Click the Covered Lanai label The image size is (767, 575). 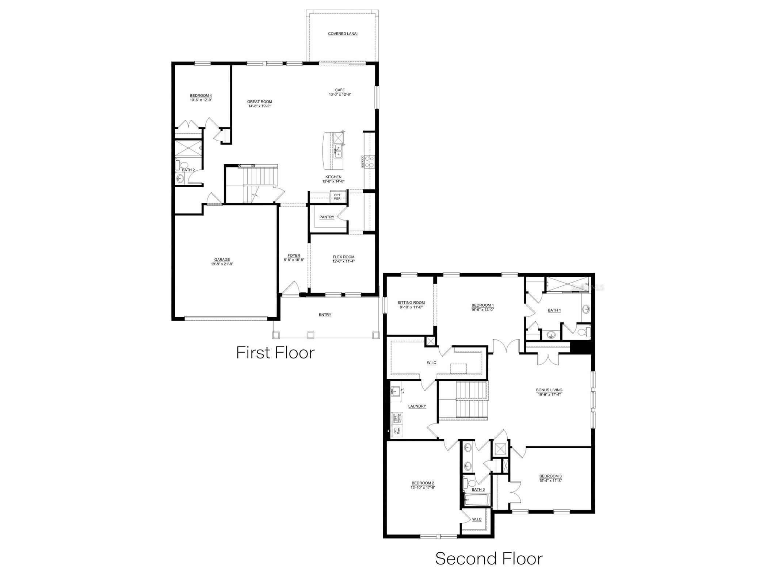tap(343, 34)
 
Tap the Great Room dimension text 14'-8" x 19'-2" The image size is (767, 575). tap(259, 106)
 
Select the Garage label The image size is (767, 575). tap(222, 260)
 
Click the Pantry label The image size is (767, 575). tap(327, 217)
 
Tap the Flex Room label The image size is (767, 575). tap(343, 257)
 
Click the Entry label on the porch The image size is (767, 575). tap(325, 315)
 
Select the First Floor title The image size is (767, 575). tap(275, 353)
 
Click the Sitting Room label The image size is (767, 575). tap(411, 303)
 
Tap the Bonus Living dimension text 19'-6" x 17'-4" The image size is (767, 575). tap(549, 394)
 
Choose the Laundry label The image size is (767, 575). tap(417, 406)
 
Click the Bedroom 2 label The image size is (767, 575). tap(423, 483)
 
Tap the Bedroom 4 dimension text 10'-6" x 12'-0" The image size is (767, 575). tap(201, 100)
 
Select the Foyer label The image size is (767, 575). tap(294, 256)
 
